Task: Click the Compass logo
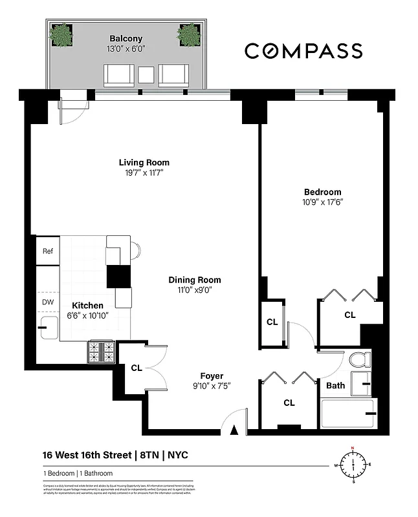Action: (303, 51)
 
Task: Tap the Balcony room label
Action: (126, 38)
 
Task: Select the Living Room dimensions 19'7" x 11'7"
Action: (144, 173)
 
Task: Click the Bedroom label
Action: (322, 192)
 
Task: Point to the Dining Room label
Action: (195, 280)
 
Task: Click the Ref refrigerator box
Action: (47, 251)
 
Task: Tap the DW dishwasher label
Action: (47, 301)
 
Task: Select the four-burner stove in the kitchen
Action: (100, 352)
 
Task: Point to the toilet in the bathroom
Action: (357, 359)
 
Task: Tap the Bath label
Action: (335, 386)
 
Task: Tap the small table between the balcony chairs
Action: (146, 74)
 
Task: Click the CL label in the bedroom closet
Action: (349, 315)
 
